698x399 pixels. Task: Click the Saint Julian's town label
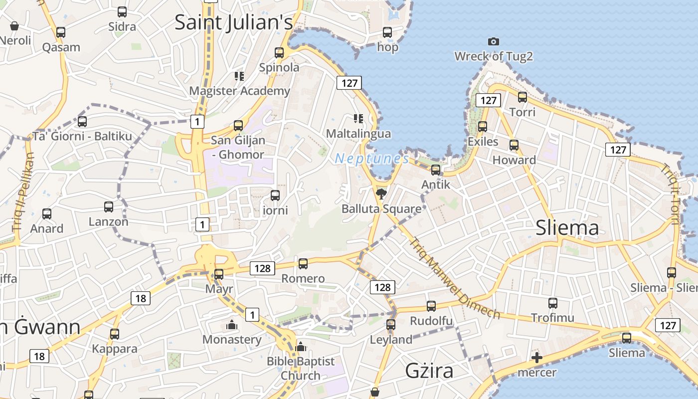pos(233,23)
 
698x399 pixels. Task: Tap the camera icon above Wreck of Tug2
pos(494,41)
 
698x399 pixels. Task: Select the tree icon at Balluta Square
pos(381,194)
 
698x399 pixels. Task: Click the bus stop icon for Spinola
pos(279,52)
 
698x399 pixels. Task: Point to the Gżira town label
pos(429,371)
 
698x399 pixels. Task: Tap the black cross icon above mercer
pos(536,357)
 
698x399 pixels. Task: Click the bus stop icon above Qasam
pos(61,32)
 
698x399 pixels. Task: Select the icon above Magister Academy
pos(239,76)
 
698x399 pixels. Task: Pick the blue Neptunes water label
pos(372,159)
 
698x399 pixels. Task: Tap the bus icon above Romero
pos(303,263)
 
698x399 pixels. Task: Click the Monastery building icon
pos(232,325)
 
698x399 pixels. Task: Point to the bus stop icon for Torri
pos(523,97)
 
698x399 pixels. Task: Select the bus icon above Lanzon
pos(109,206)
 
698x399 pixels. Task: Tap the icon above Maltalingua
pos(358,119)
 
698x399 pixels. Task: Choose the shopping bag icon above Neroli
pos(14,26)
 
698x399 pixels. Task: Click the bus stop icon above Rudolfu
pos(431,306)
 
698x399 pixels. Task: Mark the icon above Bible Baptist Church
pos(300,347)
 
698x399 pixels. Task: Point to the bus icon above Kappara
pos(115,334)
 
